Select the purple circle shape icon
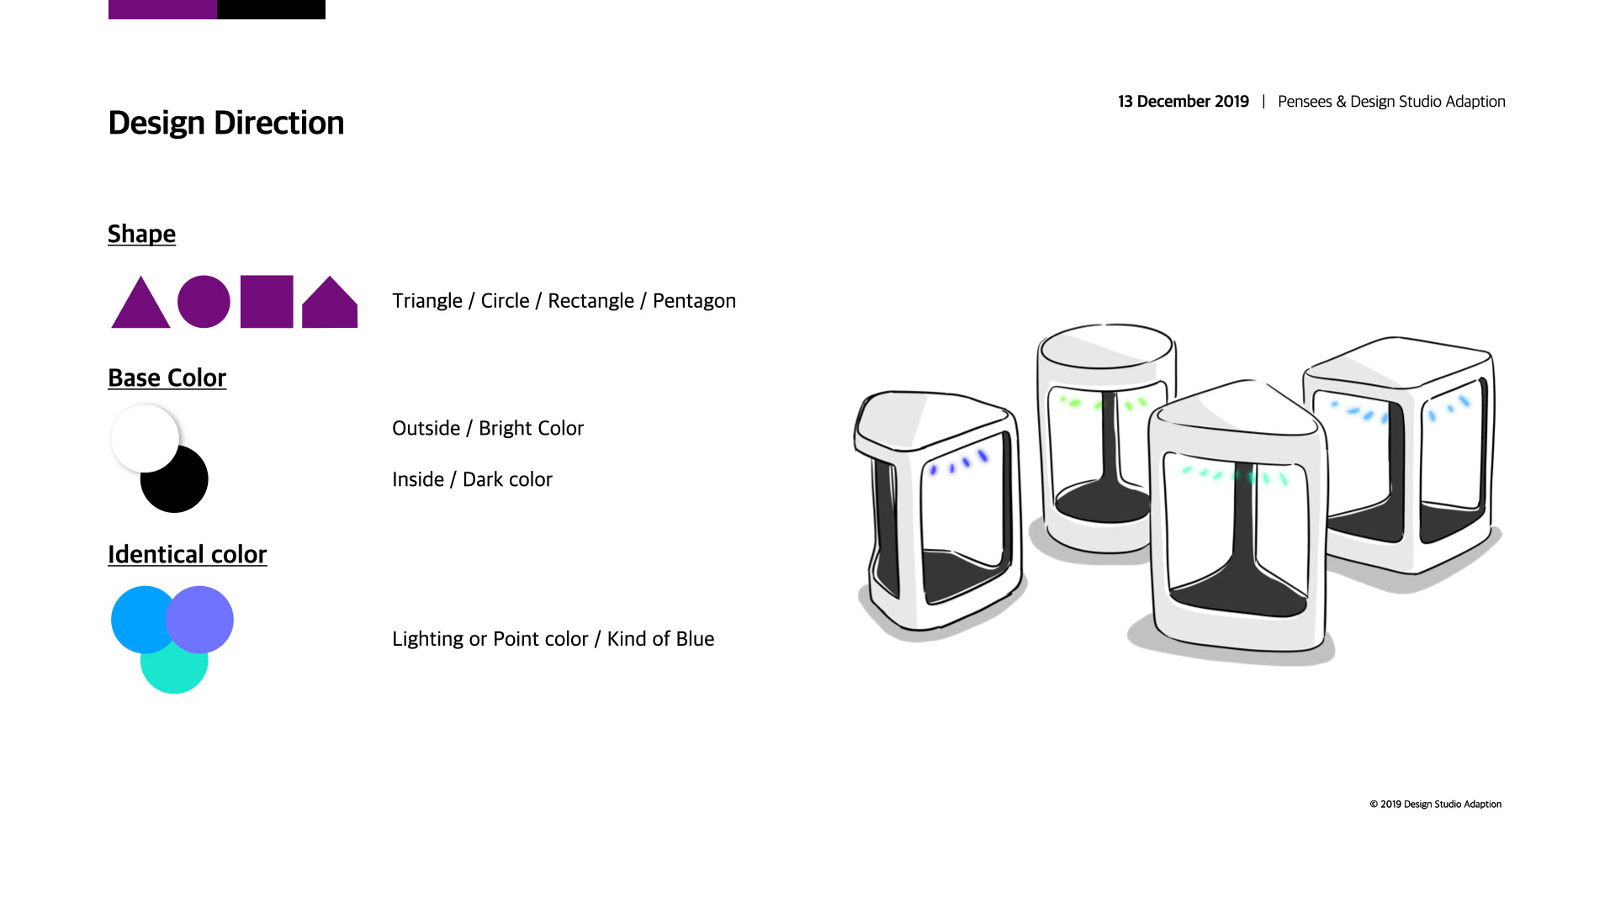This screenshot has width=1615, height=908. [x=204, y=301]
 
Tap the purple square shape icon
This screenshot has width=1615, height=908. [x=267, y=301]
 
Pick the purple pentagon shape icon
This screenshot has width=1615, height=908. [x=330, y=304]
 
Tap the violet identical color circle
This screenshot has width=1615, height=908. [x=199, y=620]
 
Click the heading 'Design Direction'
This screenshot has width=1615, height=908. [x=226, y=123]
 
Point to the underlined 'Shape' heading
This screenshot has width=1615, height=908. [x=141, y=234]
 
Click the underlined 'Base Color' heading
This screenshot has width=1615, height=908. [x=167, y=377]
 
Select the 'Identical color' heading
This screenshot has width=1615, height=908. [x=187, y=554]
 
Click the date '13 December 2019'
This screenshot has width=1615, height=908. [x=1183, y=102]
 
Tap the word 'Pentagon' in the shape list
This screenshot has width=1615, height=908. [x=694, y=301]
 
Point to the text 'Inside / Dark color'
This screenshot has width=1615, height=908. [x=472, y=479]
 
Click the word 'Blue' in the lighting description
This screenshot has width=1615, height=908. [x=694, y=639]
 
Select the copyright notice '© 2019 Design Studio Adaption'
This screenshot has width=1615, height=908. [x=1435, y=805]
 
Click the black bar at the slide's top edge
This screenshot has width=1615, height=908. [x=271, y=9]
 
